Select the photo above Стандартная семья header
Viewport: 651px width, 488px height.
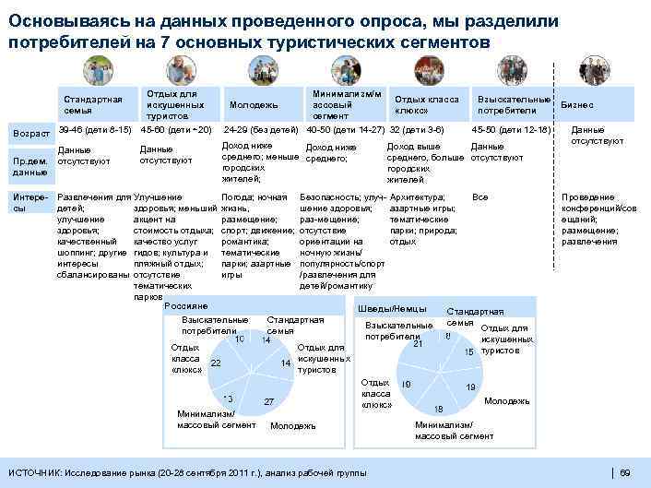click(x=97, y=69)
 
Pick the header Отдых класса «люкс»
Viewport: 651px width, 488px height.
click(x=426, y=104)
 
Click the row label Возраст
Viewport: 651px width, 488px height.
click(x=31, y=135)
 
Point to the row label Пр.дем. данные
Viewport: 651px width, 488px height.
click(x=30, y=166)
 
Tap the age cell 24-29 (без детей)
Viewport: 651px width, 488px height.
click(x=260, y=129)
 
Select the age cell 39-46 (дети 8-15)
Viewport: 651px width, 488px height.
click(x=94, y=129)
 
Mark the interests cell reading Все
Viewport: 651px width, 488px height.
click(x=479, y=197)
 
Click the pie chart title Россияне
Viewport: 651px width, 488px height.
click(x=184, y=305)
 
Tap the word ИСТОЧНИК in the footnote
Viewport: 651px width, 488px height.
click(x=34, y=472)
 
